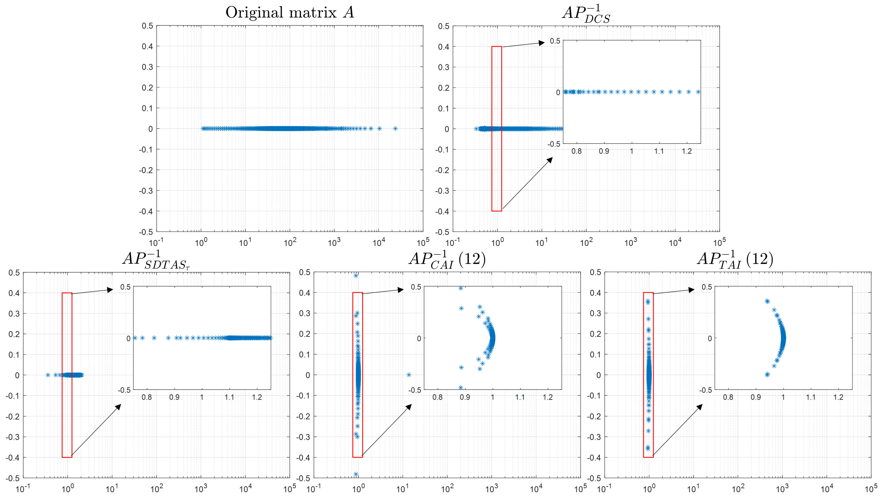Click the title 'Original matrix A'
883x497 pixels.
290,13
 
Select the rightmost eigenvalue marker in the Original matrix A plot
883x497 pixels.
395,129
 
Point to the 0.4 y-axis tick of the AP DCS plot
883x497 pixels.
443,47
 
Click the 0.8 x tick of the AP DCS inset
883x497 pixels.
576,151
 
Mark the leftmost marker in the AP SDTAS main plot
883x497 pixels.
48,375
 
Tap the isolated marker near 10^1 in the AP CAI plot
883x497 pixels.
409,375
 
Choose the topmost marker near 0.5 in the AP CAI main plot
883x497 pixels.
356,275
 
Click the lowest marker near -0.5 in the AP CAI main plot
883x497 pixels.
356,474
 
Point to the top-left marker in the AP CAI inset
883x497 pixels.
461,288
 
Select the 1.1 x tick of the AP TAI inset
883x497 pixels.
811,397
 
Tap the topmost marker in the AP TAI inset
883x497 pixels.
767,301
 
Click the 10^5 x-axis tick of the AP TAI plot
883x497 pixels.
871,489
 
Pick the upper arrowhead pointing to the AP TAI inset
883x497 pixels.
691,290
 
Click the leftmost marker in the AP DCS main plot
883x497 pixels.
476,129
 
